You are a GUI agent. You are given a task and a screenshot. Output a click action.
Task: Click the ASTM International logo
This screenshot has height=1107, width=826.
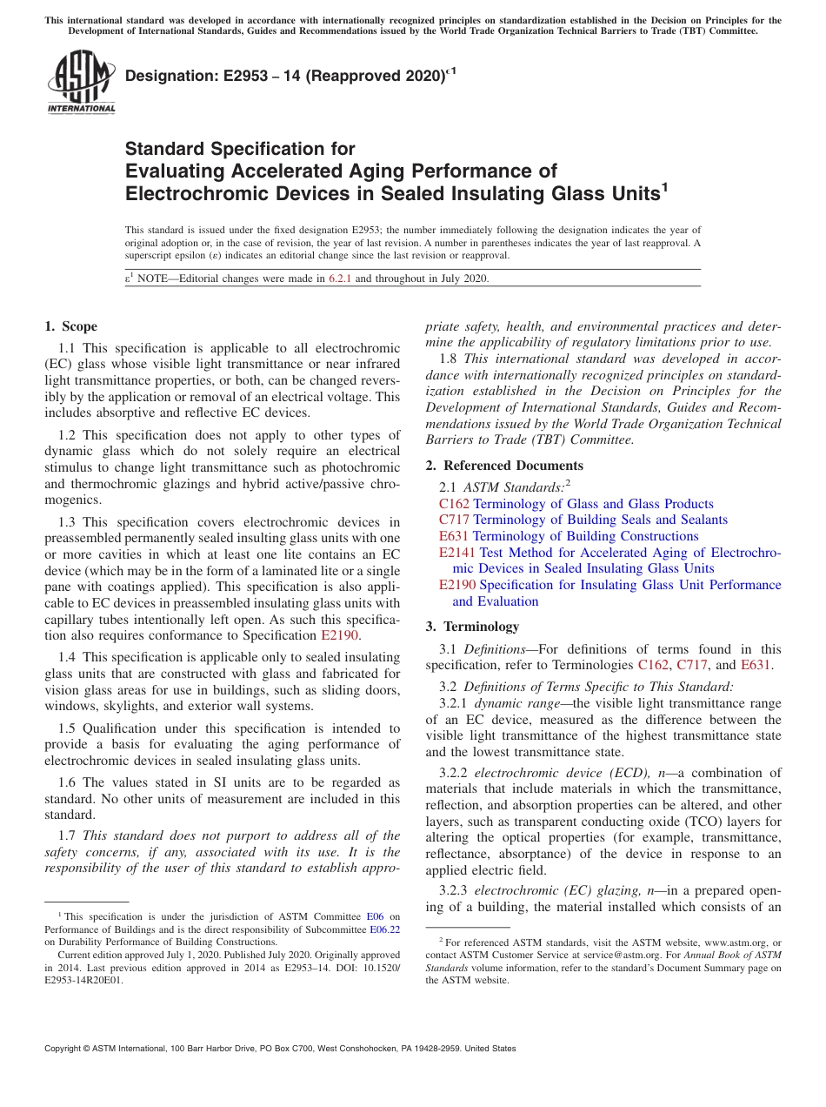[81, 83]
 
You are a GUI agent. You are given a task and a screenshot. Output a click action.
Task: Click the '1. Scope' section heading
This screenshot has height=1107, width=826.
[71, 326]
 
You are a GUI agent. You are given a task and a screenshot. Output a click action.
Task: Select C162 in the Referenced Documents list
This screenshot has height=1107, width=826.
[455, 504]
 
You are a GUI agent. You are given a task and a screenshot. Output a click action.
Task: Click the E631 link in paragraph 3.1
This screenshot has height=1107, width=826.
[755, 666]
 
